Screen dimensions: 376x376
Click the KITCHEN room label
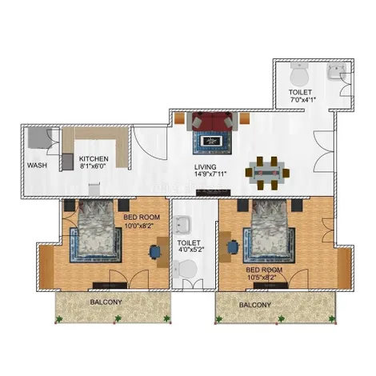[94, 159]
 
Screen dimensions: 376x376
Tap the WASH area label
[37, 166]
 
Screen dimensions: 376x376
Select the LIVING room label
[206, 167]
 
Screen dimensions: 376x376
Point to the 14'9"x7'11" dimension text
[210, 174]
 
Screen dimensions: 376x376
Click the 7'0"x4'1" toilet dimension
[302, 100]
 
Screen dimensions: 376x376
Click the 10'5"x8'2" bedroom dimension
[262, 278]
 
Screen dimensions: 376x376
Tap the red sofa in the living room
[212, 122]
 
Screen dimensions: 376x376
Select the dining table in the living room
[267, 173]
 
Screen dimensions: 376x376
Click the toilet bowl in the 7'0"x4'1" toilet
[299, 74]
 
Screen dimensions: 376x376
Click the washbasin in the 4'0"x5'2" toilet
[182, 225]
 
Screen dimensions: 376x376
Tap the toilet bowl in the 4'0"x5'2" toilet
[185, 270]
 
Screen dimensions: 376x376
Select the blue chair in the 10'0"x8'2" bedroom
[155, 252]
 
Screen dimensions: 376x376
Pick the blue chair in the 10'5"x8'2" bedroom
[233, 247]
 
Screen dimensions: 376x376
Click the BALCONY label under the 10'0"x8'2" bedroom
[106, 302]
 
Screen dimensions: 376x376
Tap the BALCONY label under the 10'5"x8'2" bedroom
[255, 305]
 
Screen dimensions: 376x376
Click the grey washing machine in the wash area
[40, 138]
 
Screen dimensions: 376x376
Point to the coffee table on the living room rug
[212, 141]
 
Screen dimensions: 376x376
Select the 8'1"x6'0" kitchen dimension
[94, 166]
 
